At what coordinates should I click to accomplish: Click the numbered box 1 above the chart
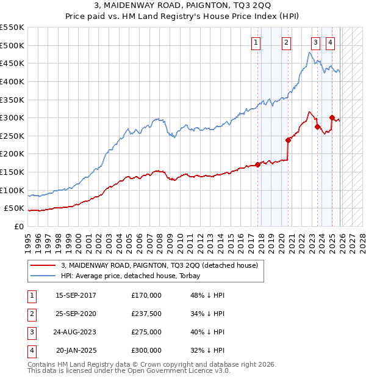(255, 42)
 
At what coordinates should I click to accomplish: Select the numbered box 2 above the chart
(286, 42)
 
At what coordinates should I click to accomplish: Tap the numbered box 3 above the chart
(315, 42)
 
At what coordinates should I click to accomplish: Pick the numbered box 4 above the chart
(330, 42)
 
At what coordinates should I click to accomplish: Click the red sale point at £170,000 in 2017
(258, 164)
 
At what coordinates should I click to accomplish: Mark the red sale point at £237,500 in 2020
(289, 140)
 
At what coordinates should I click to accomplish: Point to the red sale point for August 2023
(317, 127)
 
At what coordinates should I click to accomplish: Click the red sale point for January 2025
(332, 117)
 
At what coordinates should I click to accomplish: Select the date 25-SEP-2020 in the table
(76, 314)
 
